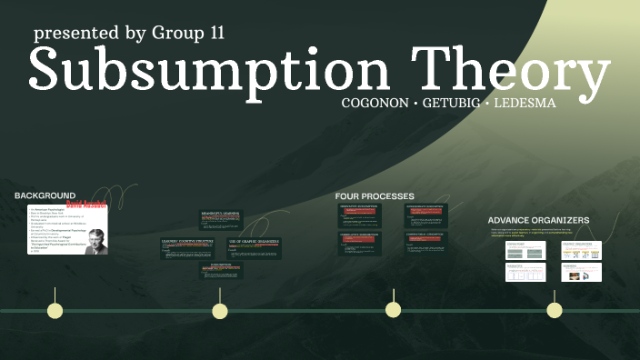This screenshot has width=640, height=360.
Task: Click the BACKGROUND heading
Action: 45,195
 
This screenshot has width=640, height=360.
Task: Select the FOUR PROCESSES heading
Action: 375,196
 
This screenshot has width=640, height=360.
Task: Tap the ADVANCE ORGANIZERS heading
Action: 538,220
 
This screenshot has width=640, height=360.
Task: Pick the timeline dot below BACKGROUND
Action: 55,310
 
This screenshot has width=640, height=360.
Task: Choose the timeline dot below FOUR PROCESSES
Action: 393,310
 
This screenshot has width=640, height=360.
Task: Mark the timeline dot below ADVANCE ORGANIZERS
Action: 554,310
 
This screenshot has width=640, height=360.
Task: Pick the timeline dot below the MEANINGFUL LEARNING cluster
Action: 220,311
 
